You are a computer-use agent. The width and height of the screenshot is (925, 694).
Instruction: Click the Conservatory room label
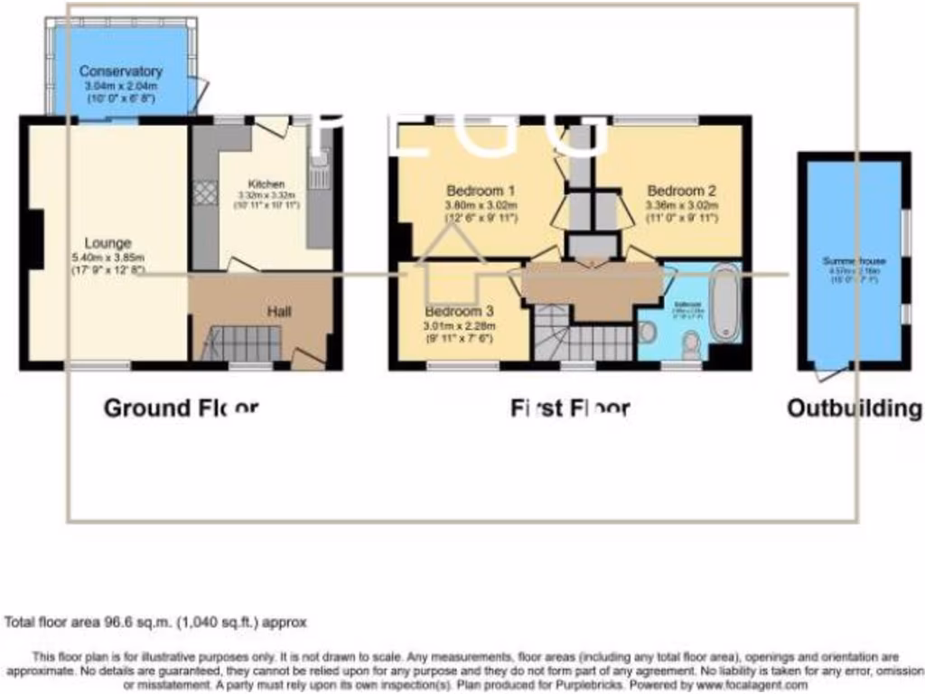[x=120, y=71]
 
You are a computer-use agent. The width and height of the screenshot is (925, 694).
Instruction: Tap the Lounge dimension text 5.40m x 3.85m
[x=107, y=257]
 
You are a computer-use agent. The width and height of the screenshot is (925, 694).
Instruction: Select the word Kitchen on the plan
[x=261, y=183]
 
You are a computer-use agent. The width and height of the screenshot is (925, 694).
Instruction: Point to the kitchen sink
[x=319, y=172]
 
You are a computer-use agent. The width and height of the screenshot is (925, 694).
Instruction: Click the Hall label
[x=278, y=312]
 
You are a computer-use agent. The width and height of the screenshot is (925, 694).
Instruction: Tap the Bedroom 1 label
[x=481, y=191]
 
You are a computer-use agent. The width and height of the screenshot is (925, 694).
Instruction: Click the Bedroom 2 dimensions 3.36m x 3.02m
[x=681, y=205]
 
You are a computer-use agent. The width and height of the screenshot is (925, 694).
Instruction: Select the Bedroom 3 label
[x=458, y=312]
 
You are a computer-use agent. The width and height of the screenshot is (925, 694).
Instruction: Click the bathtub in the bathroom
[x=724, y=305]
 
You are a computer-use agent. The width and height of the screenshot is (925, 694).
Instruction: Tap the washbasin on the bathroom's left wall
[x=647, y=333]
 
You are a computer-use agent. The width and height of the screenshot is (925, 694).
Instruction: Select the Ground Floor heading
[x=181, y=408]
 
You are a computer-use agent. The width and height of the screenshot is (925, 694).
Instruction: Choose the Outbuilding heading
[x=854, y=408]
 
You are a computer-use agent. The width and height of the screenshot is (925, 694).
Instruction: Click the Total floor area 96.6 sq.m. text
[x=156, y=623]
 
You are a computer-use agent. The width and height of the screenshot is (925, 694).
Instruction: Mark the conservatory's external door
[x=199, y=90]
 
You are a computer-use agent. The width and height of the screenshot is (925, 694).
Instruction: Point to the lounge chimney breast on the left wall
[x=35, y=239]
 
